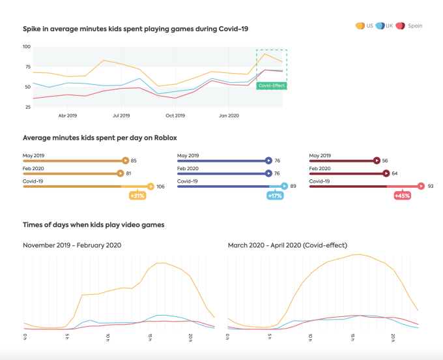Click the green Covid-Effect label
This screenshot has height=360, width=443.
tap(272, 85)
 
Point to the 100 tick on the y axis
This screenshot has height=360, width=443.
tap(26, 47)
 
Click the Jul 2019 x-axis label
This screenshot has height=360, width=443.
tap(121, 115)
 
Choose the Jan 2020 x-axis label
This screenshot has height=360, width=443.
tap(229, 115)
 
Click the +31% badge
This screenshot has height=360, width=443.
tap(137, 196)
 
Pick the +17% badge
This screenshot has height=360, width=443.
tap(276, 196)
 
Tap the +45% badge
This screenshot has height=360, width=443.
tap(403, 196)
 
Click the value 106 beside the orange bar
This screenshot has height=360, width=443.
tap(161, 187)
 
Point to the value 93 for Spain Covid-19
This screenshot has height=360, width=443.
tap(431, 187)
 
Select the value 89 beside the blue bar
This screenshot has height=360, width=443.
tap(293, 187)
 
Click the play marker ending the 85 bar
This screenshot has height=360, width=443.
tap(125, 160)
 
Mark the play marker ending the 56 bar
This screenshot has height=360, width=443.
tap(377, 160)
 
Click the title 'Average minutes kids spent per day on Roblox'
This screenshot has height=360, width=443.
tap(100, 138)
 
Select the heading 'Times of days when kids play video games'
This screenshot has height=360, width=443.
tap(93, 225)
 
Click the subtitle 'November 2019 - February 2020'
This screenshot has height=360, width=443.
tap(72, 245)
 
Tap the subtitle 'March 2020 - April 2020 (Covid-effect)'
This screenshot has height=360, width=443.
tap(287, 245)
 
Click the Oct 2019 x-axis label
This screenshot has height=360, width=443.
tap(175, 115)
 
